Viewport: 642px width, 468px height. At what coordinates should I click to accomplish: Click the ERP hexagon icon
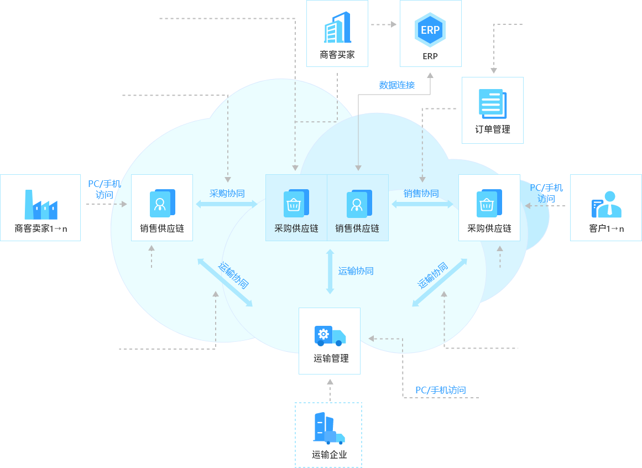click(430, 30)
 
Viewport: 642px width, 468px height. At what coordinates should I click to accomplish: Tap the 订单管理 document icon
click(492, 103)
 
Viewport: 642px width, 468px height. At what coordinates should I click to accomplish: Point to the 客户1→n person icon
click(606, 204)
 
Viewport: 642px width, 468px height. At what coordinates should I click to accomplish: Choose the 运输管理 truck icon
click(330, 335)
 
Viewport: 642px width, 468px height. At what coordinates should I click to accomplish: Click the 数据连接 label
click(396, 85)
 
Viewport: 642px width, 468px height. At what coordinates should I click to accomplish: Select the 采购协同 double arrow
click(227, 204)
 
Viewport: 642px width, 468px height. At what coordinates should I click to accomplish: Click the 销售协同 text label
click(421, 194)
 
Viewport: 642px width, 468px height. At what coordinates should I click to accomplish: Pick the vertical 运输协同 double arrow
click(330, 272)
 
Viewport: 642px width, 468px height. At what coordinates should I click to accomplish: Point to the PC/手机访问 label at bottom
click(441, 391)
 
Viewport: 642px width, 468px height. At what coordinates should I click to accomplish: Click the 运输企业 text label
click(329, 455)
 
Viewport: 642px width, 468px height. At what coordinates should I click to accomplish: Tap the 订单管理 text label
click(492, 129)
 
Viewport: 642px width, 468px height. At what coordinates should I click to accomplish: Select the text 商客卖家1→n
click(40, 228)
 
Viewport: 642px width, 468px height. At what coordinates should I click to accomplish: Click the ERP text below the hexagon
click(430, 56)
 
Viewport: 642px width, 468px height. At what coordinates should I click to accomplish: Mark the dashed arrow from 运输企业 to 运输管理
click(330, 391)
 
